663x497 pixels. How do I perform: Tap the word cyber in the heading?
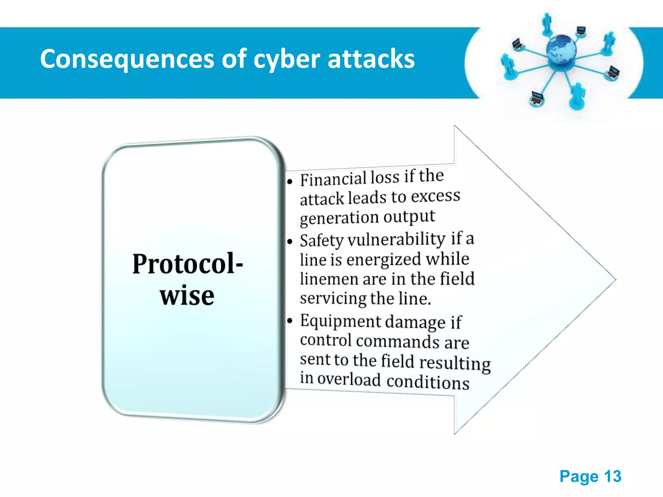tap(287, 60)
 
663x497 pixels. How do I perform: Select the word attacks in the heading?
tap(371, 59)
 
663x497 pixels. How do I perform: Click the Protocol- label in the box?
tap(187, 264)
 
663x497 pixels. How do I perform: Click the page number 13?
tap(612, 476)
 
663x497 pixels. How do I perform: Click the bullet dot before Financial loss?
tap(290, 182)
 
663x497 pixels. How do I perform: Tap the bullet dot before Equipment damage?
tap(290, 321)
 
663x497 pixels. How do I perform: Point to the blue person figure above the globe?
tap(547, 24)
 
